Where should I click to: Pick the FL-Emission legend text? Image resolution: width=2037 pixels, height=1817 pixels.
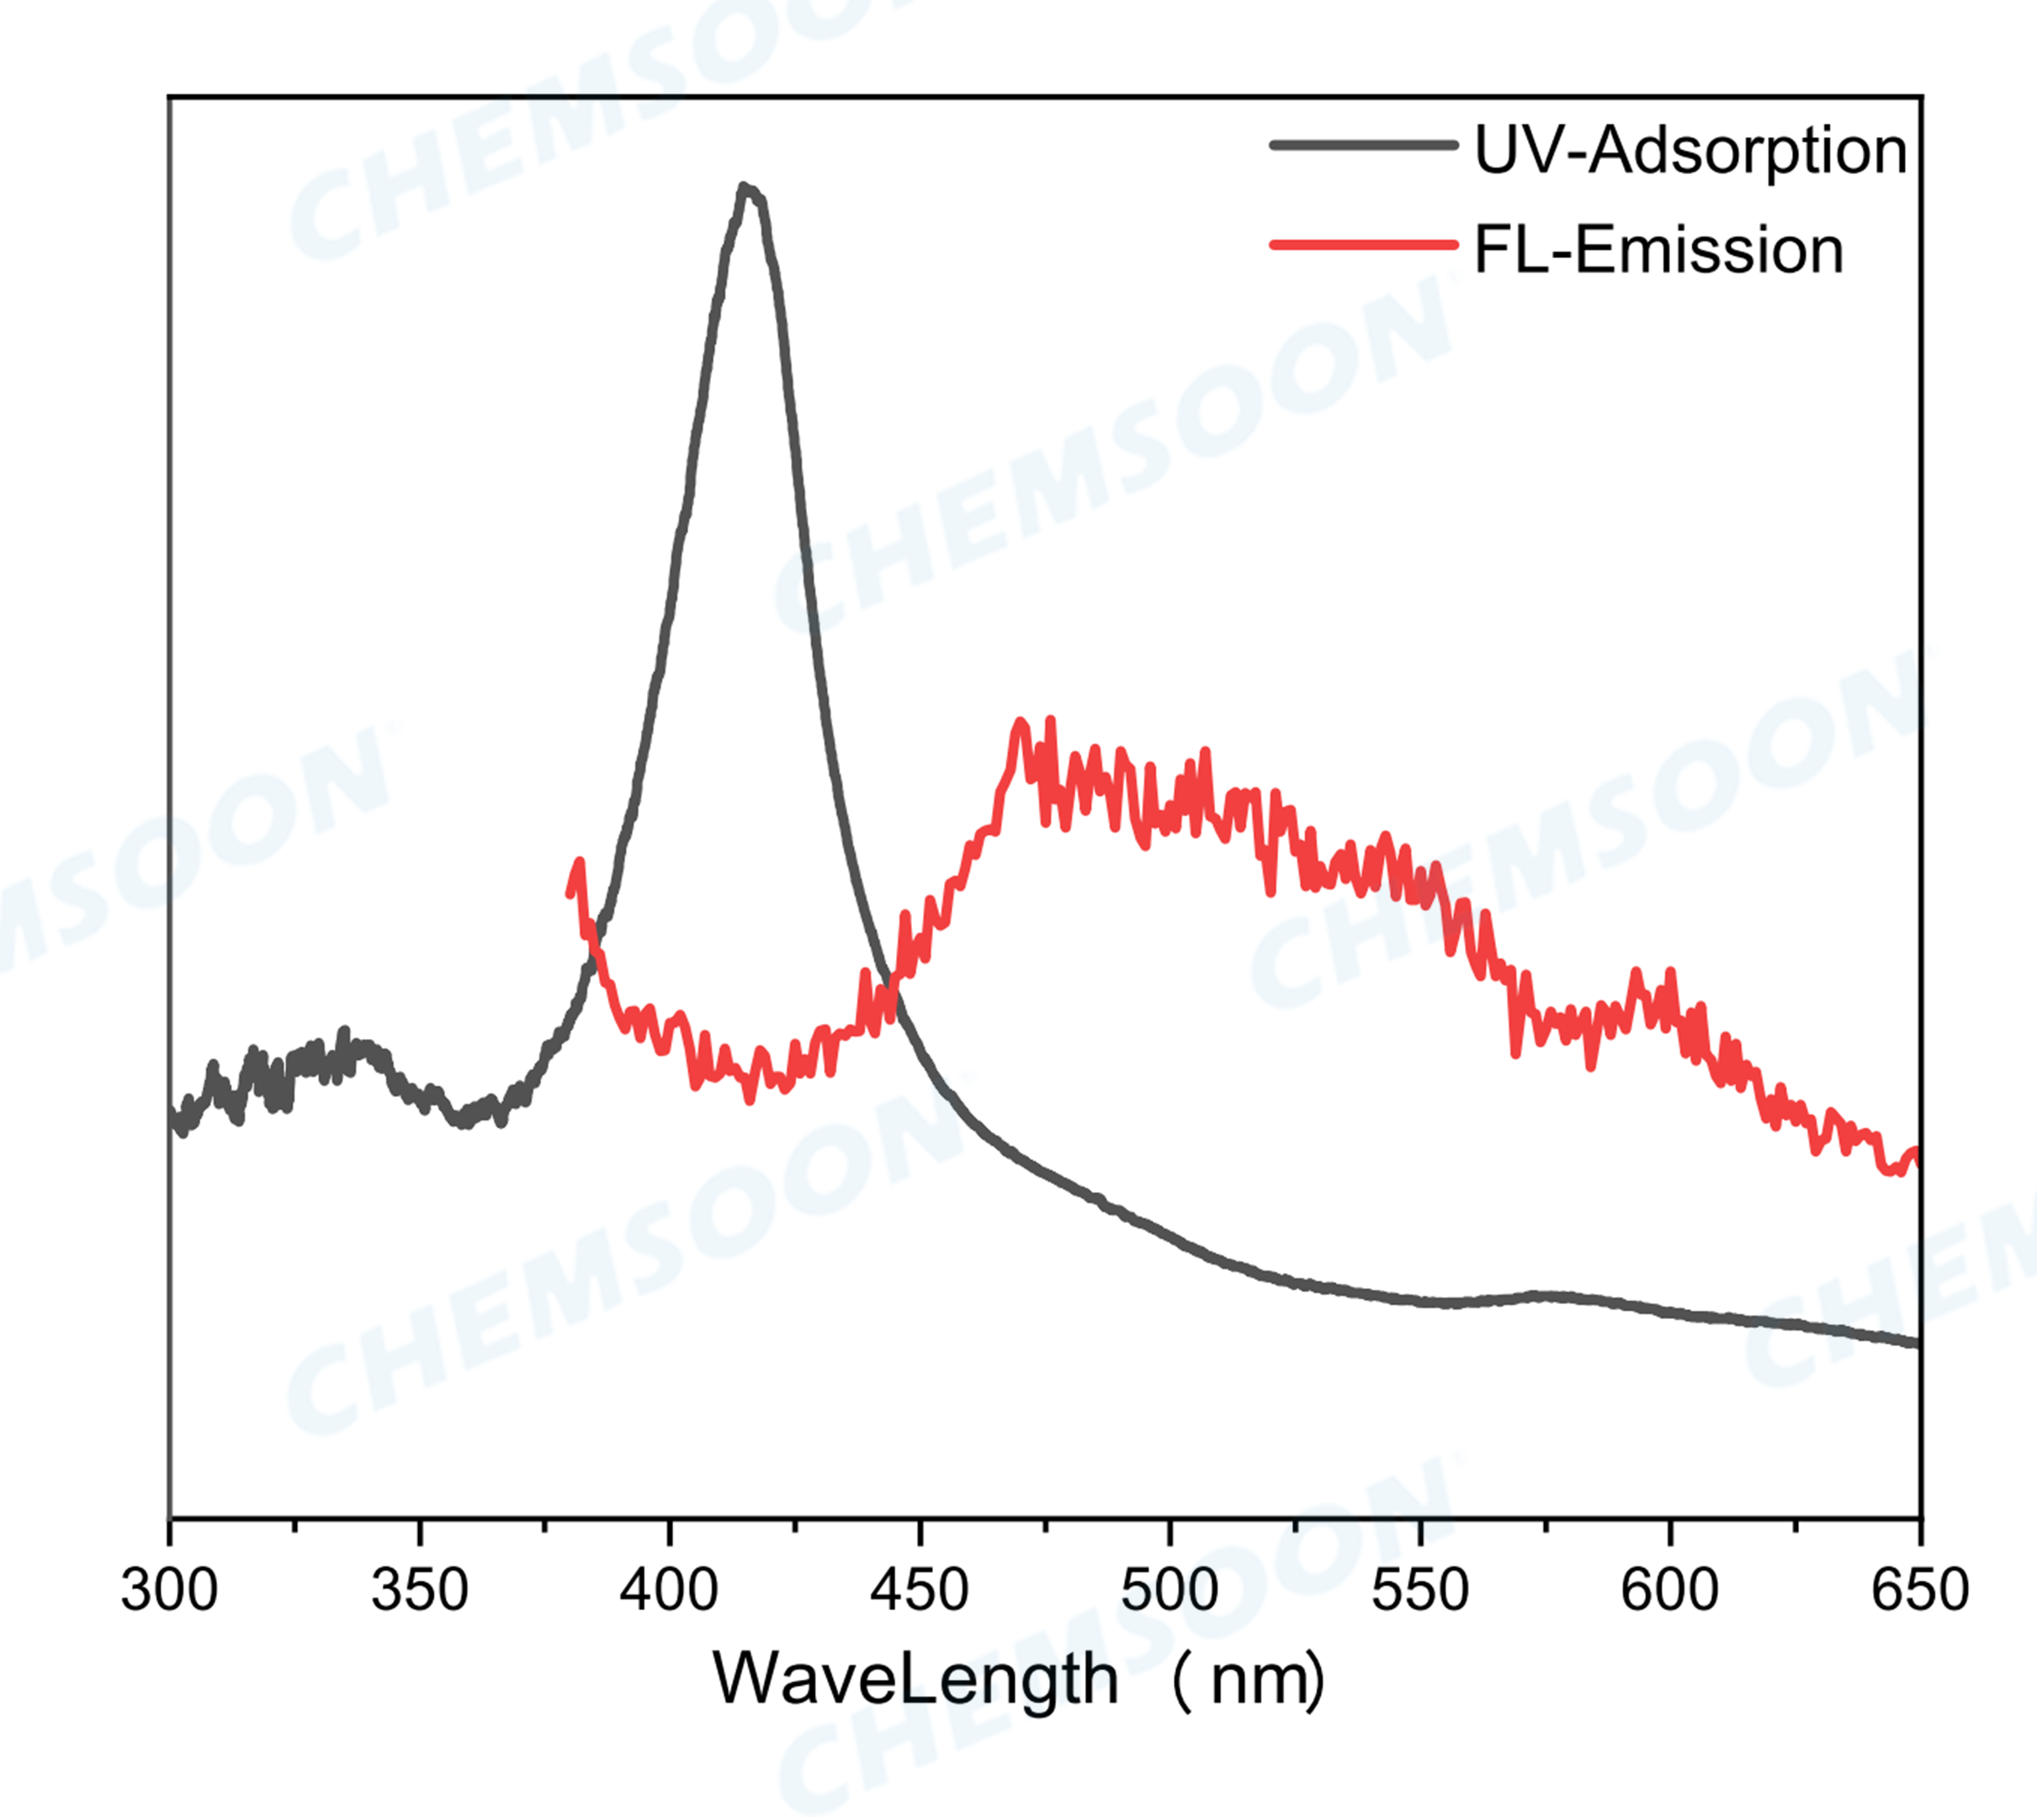[x=1658, y=250]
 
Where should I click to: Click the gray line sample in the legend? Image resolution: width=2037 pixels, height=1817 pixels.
[x=1363, y=146]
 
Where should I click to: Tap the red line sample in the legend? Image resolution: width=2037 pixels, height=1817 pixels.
[x=1363, y=244]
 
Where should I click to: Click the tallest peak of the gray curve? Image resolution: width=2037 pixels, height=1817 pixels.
[x=744, y=187]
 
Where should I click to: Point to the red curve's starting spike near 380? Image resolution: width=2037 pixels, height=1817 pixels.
[x=579, y=862]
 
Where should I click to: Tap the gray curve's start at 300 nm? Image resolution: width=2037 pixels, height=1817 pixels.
[x=173, y=1118]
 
